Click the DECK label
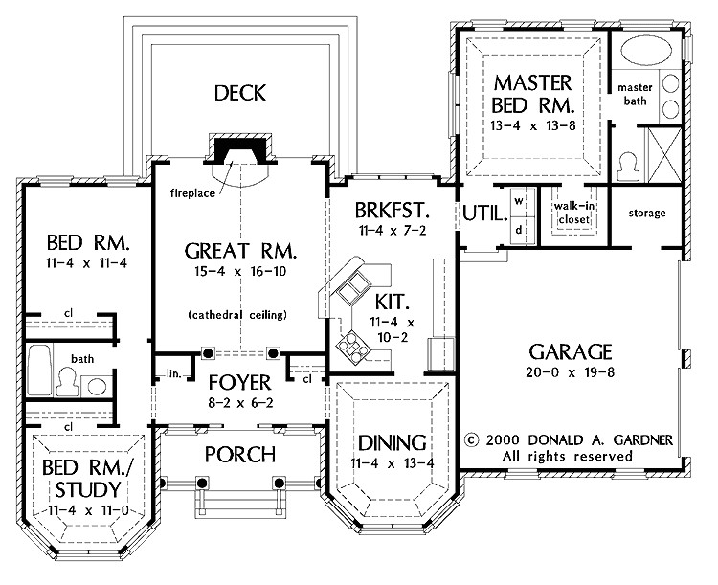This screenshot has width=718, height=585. coord(239,93)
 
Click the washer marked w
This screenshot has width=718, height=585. coord(518,201)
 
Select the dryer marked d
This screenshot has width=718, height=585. coord(518,230)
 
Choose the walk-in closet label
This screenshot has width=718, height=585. coord(570,211)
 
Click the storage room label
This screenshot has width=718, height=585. coord(647,213)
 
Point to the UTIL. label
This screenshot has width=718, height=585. coord(482,213)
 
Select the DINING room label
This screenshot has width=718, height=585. coord(391,442)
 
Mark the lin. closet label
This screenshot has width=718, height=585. coord(173,373)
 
